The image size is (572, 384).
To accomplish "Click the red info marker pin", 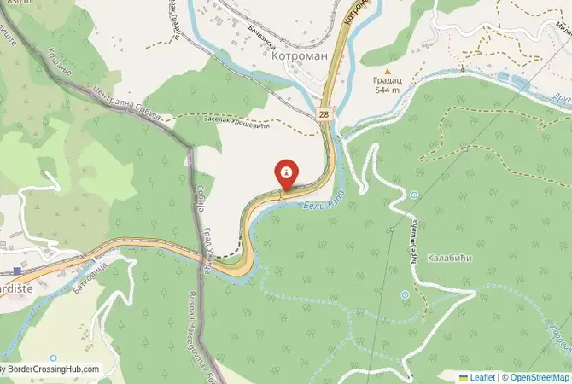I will point(286,173).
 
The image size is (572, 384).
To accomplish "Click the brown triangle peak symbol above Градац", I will point(388,73).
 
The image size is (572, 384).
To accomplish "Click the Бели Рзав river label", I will point(324,199).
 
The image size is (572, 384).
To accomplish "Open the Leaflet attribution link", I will point(482,376).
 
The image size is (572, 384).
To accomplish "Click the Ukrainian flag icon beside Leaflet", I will point(464,376).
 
